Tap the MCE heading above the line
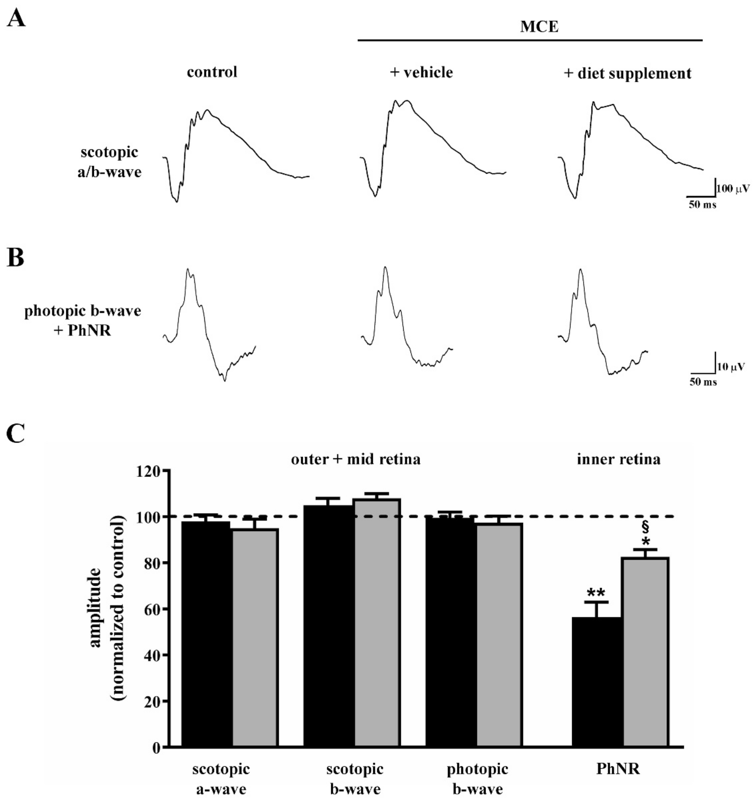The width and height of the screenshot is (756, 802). pos(539,27)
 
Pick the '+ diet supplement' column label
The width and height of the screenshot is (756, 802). pos(627,74)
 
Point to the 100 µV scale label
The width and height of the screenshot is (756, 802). pos(733,189)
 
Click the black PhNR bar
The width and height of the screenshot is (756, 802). pos(597,682)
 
